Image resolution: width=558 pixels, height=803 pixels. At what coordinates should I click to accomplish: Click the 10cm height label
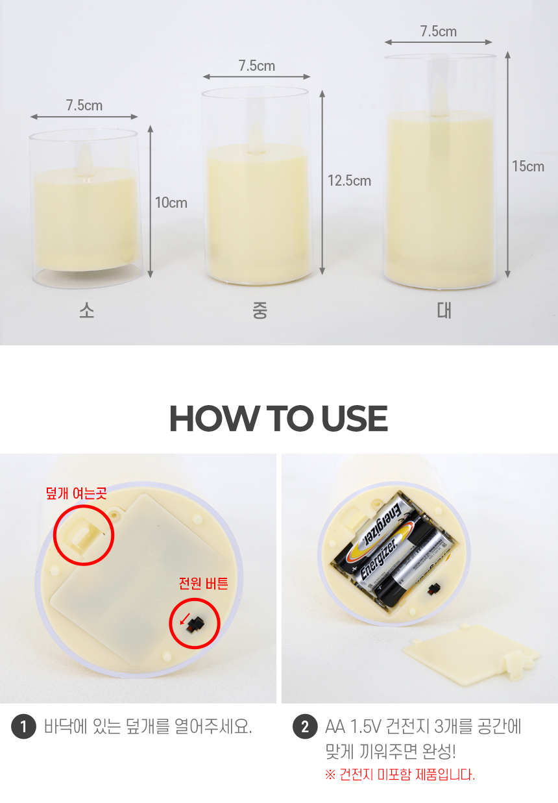171,203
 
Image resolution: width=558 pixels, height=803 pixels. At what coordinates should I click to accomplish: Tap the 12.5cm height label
350,180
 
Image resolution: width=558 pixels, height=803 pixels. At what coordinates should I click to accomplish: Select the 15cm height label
528,166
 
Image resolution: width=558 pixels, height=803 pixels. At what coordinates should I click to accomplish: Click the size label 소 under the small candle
87,310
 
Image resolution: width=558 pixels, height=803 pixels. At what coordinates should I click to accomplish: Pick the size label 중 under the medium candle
260,310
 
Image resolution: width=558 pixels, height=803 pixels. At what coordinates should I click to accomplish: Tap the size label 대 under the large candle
444,310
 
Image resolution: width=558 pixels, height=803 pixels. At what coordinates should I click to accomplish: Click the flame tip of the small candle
85,145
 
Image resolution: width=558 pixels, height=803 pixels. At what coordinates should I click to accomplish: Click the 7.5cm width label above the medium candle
257,66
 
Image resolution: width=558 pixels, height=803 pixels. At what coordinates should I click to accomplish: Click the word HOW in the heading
214,418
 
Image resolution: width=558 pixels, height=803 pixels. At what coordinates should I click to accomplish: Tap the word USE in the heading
354,418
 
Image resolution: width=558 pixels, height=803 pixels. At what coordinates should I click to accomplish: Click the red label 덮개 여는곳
77,493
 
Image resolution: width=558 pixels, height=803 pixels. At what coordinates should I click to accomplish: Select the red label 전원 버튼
204,583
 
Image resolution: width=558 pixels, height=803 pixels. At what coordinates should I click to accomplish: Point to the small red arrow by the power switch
184,619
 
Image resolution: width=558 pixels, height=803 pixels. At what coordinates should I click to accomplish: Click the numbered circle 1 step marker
23,726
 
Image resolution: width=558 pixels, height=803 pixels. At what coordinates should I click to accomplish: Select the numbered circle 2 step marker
305,726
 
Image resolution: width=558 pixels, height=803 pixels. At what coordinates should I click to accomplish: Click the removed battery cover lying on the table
471,655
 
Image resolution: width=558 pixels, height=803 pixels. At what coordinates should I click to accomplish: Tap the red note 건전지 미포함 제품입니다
400,775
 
